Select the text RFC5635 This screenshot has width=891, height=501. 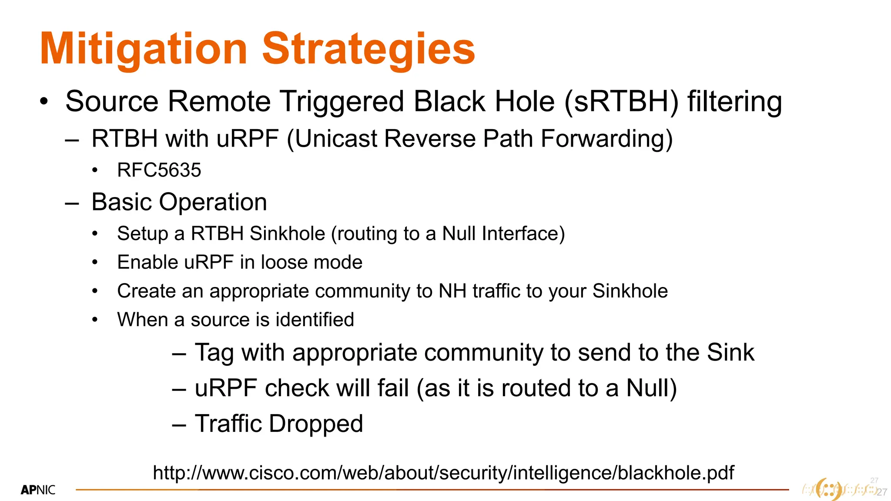click(159, 170)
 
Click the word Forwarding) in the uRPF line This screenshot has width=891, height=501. click(606, 139)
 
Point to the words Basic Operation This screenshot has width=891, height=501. click(179, 202)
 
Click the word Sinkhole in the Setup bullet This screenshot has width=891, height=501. click(287, 234)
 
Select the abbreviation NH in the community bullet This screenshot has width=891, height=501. click(452, 291)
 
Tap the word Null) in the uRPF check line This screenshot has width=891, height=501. click(651, 388)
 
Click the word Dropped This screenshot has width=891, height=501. click(316, 424)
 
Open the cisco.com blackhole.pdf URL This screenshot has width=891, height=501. click(443, 473)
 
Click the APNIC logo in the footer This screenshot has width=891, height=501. click(38, 490)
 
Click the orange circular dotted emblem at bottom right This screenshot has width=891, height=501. click(829, 490)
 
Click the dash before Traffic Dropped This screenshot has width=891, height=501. click(179, 424)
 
